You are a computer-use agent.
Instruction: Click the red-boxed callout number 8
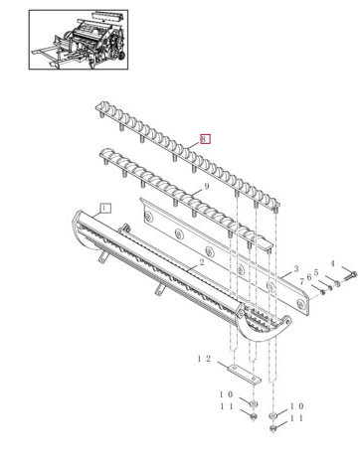pyautogui.click(x=205, y=139)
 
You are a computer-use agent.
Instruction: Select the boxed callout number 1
pyautogui.click(x=105, y=209)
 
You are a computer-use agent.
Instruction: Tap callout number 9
pyautogui.click(x=207, y=187)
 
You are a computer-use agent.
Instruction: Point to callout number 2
pyautogui.click(x=201, y=262)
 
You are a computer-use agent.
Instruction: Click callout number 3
pyautogui.click(x=296, y=268)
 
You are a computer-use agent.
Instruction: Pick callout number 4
pyautogui.click(x=332, y=263)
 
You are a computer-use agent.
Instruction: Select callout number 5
pyautogui.click(x=316, y=272)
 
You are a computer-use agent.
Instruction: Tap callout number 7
pyautogui.click(x=301, y=281)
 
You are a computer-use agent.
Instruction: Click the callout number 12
pyautogui.click(x=204, y=359)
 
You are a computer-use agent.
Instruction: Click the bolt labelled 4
pyautogui.click(x=350, y=276)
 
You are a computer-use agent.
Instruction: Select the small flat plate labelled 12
pyautogui.click(x=244, y=374)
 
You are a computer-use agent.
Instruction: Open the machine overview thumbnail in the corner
pyautogui.click(x=79, y=40)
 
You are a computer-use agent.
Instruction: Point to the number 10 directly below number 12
pyautogui.click(x=226, y=394)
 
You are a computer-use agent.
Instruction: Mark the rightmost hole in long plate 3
pyautogui.click(x=300, y=303)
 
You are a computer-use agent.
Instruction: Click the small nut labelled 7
pyautogui.click(x=322, y=292)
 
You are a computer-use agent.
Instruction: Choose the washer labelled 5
pyautogui.click(x=337, y=283)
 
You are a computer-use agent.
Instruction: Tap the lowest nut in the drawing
pyautogui.click(x=272, y=428)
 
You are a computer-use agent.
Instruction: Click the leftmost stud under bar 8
pyautogui.click(x=99, y=114)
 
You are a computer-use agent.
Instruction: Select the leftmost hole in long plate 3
pyautogui.click(x=147, y=217)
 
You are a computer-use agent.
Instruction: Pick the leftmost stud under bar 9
pyautogui.click(x=105, y=162)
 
